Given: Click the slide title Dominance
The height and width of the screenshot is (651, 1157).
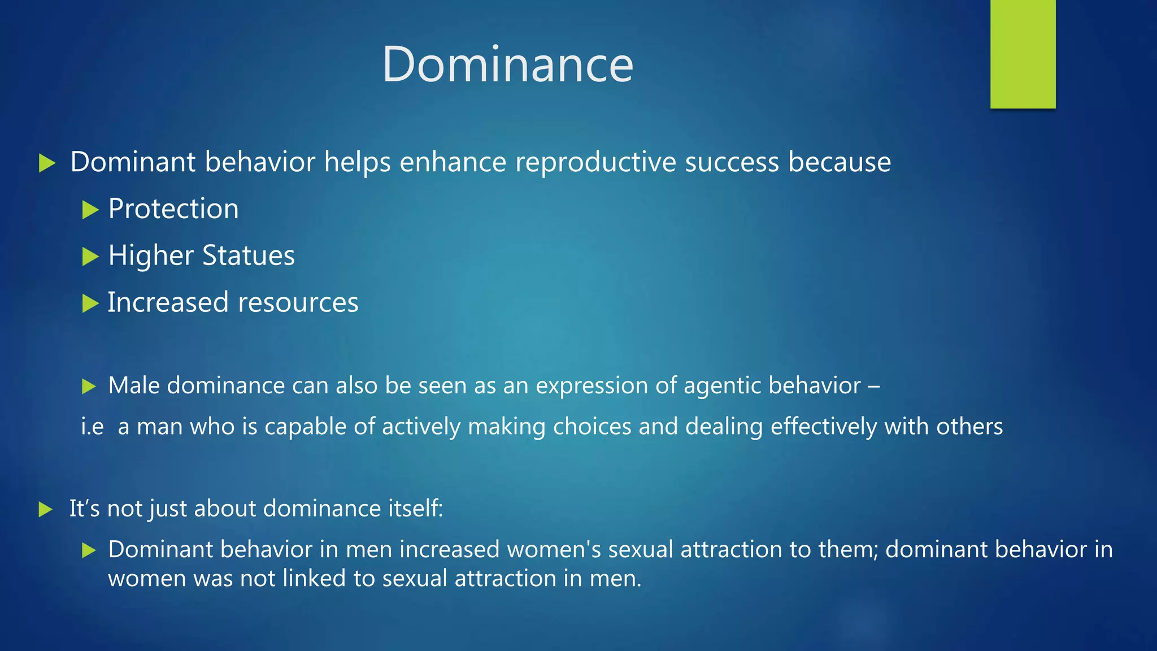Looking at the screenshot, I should click(x=507, y=64).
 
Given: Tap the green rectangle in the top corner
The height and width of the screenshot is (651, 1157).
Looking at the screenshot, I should click(x=1023, y=54).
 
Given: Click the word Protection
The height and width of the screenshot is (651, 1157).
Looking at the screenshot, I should click(x=173, y=209).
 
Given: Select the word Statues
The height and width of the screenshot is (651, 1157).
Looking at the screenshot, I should click(x=249, y=255).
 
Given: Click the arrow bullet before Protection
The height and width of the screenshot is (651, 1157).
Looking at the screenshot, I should click(x=90, y=210).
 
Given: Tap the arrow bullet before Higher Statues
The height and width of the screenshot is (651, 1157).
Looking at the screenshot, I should click(x=90, y=257).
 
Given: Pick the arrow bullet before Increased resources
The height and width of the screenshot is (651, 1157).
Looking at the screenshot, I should click(x=90, y=304).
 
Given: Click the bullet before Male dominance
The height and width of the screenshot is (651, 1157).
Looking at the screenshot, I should click(x=89, y=387).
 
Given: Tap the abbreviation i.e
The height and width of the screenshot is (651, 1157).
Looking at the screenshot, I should click(x=93, y=427).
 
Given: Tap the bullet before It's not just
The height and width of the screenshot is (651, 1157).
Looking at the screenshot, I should click(x=46, y=510).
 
